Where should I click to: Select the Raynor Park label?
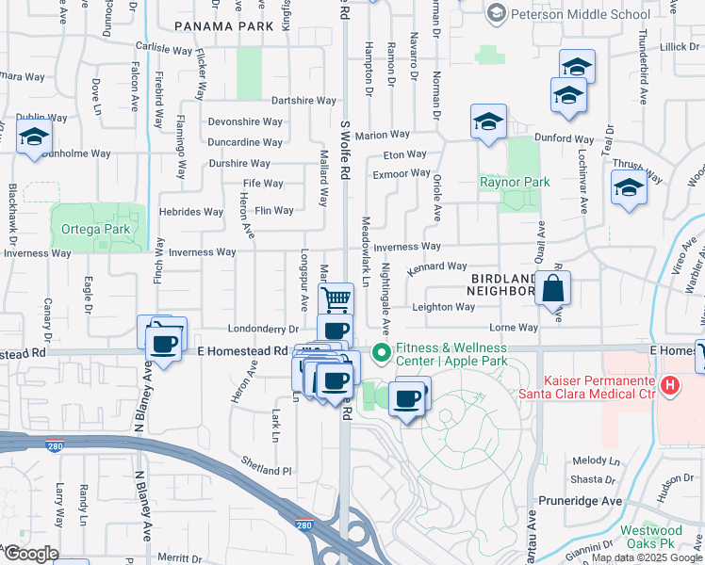[514, 182]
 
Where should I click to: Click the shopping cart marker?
[336, 299]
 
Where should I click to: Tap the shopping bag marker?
[552, 288]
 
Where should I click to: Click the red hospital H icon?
[669, 384]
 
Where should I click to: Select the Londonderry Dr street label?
[263, 329]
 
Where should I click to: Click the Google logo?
[30, 554]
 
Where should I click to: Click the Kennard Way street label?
[436, 266]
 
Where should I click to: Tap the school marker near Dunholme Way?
[34, 138]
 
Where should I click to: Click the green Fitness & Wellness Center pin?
[381, 354]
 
